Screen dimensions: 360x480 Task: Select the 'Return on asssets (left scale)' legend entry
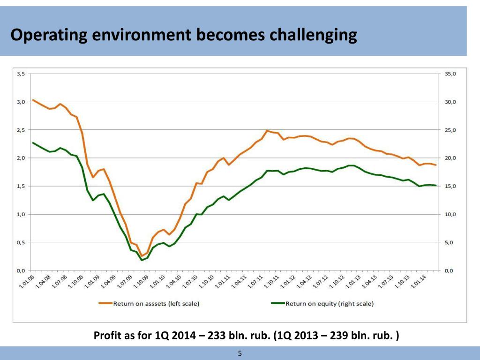pyautogui.click(x=156, y=304)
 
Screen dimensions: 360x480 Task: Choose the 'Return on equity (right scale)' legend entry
pyautogui.click(x=330, y=304)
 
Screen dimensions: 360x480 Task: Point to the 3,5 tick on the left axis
pyautogui.click(x=22, y=74)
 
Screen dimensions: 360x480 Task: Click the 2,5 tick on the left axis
pyautogui.click(x=22, y=130)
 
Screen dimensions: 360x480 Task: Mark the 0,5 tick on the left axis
pyautogui.click(x=22, y=242)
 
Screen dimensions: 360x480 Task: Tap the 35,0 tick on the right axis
pyautogui.click(x=450, y=74)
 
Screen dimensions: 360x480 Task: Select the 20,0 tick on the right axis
pyautogui.click(x=450, y=158)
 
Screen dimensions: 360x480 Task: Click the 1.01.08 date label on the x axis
pyautogui.click(x=27, y=283)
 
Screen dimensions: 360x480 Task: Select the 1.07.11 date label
pyautogui.click(x=255, y=283)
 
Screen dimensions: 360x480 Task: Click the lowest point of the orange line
pyautogui.click(x=142, y=256)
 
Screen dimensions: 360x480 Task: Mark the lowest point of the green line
pyautogui.click(x=142, y=260)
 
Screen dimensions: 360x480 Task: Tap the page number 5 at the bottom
pyautogui.click(x=240, y=353)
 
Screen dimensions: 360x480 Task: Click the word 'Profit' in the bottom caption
pyautogui.click(x=107, y=336)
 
